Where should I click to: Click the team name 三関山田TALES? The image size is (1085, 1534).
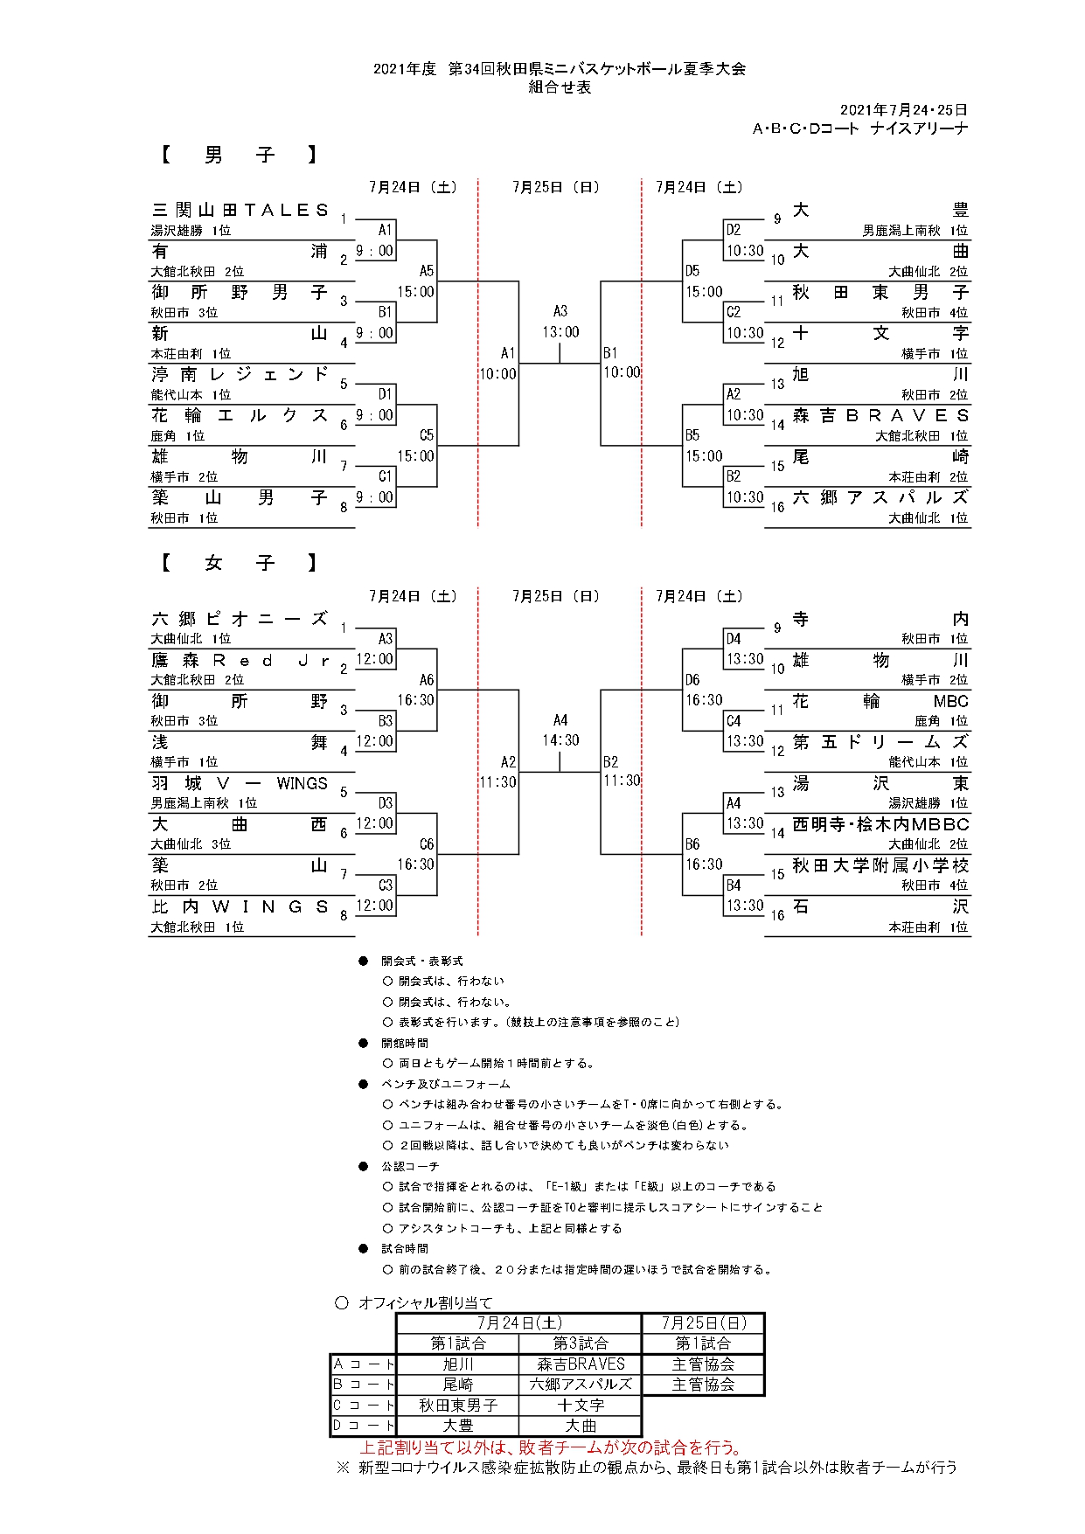pyautogui.click(x=240, y=211)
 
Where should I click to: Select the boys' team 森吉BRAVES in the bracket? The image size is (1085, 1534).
pyautogui.click(x=880, y=416)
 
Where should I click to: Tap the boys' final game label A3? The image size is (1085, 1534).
pyautogui.click(x=560, y=311)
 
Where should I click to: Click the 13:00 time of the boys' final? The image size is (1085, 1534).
pyautogui.click(x=560, y=332)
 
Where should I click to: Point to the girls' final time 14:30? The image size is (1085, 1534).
pyautogui.click(x=560, y=740)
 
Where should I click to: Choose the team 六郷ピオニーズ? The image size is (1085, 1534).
pyautogui.click(x=240, y=619)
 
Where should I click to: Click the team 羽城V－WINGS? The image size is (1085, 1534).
pyautogui.click(x=240, y=783)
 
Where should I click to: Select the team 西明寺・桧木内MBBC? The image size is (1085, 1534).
pyautogui.click(x=880, y=824)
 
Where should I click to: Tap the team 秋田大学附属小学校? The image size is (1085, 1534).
pyautogui.click(x=880, y=865)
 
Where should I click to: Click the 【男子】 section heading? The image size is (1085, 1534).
pyautogui.click(x=239, y=156)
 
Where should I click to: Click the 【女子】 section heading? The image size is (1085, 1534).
pyautogui.click(x=239, y=564)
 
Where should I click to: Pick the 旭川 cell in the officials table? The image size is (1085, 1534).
pyautogui.click(x=457, y=1364)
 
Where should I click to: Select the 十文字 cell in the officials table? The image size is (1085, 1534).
pyautogui.click(x=581, y=1406)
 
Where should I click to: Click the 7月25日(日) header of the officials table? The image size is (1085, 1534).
pyautogui.click(x=703, y=1323)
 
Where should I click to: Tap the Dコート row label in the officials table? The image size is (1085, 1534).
pyautogui.click(x=363, y=1426)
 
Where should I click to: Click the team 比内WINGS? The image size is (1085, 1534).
pyautogui.click(x=240, y=906)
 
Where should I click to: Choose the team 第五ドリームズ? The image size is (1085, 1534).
pyautogui.click(x=880, y=742)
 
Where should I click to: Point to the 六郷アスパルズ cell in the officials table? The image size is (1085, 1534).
pyautogui.click(x=581, y=1385)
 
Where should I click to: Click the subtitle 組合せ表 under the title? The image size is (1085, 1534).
pyautogui.click(x=560, y=87)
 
